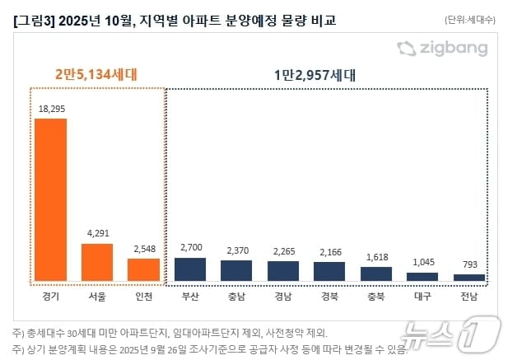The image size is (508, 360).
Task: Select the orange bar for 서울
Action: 97,262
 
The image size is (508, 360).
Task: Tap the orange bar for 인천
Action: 143,269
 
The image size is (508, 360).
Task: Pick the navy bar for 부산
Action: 190,269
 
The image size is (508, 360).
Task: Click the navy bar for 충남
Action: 237,271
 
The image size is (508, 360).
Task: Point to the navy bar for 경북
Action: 329,272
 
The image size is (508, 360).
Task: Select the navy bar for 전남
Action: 469,278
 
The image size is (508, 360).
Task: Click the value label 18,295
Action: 50,108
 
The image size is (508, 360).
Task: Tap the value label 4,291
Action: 97,233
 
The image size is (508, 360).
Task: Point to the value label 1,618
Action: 376,256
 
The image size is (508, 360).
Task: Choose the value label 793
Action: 469,264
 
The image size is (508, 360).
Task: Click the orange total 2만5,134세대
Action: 97,74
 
